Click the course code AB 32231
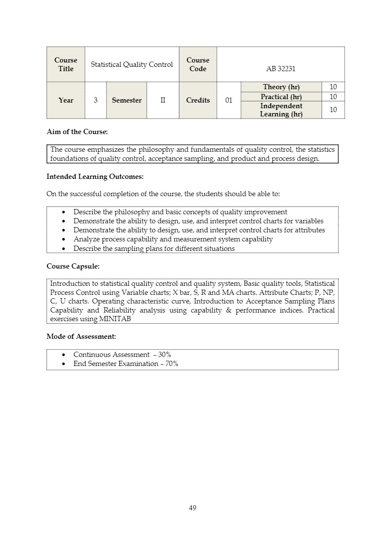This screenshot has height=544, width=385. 281,69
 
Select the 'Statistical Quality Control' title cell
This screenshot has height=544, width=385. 131,65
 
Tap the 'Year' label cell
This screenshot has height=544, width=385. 66,100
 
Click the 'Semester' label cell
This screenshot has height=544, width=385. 127,100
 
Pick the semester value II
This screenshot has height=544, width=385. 163,100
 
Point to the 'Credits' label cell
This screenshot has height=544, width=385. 198,100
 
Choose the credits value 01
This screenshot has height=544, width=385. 229,100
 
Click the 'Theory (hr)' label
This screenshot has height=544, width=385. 281,87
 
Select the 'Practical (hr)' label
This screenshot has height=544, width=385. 281,97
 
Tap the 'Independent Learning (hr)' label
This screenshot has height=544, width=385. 281,110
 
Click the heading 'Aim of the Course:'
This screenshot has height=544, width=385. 77,132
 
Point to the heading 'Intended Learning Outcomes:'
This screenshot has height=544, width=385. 95,177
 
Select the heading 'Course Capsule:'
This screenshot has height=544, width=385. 73,266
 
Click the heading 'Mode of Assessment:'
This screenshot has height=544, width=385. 81,336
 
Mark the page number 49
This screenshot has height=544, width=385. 193,508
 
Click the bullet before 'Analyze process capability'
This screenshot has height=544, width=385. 64,240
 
